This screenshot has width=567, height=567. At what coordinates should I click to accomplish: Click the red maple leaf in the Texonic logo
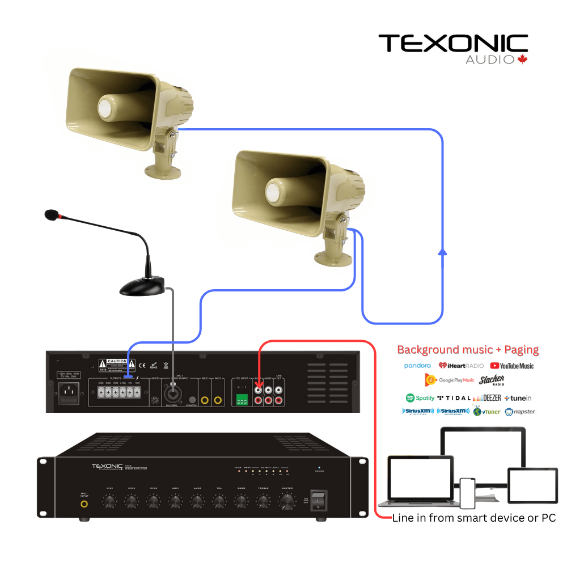[522, 59]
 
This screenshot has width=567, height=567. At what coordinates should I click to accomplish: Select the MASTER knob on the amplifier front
[287, 501]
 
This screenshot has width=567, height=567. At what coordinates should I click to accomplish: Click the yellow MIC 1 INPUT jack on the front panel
[84, 503]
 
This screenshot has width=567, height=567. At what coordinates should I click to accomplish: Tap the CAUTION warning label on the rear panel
[113, 365]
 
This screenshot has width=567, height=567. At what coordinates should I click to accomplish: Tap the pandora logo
[417, 366]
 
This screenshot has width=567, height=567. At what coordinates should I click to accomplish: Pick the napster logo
[520, 412]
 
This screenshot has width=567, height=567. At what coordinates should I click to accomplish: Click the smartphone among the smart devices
[467, 493]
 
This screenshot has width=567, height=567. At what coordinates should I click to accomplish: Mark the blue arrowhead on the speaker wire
[443, 252]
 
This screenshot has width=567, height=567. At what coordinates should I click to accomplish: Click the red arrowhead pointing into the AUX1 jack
[259, 386]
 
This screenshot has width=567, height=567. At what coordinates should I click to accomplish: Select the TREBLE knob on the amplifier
[263, 501]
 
